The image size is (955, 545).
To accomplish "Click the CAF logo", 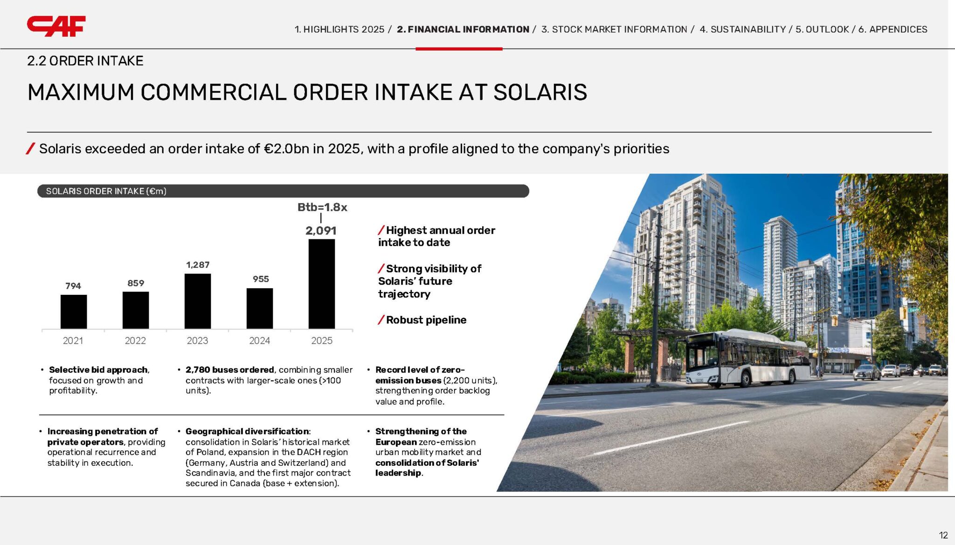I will (56, 26).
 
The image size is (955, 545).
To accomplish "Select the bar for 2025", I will (321, 284).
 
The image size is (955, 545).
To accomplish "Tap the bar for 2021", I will (73, 312).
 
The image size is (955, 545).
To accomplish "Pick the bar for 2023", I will (197, 301).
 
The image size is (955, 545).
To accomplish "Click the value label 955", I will (261, 279).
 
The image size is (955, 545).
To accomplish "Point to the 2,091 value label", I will (321, 231).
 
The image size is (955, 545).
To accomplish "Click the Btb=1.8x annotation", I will (322, 207).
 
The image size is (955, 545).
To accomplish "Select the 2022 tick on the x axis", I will (135, 341).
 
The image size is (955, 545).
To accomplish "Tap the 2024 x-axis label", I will (259, 341).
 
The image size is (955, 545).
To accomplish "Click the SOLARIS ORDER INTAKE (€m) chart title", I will (106, 191).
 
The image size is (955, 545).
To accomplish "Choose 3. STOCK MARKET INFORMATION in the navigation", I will (614, 29).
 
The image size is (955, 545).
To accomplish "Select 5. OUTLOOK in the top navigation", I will (822, 29).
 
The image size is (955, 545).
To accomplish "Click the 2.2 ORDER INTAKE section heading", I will (85, 61).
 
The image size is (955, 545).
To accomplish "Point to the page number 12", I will (943, 535).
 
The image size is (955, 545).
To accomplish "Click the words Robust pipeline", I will (426, 320).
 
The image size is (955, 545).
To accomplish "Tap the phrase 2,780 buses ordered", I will (230, 370).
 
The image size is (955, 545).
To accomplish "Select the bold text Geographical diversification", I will (247, 431).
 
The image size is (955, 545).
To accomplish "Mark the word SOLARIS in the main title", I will (540, 92).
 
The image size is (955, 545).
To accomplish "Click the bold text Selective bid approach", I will (98, 370).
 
